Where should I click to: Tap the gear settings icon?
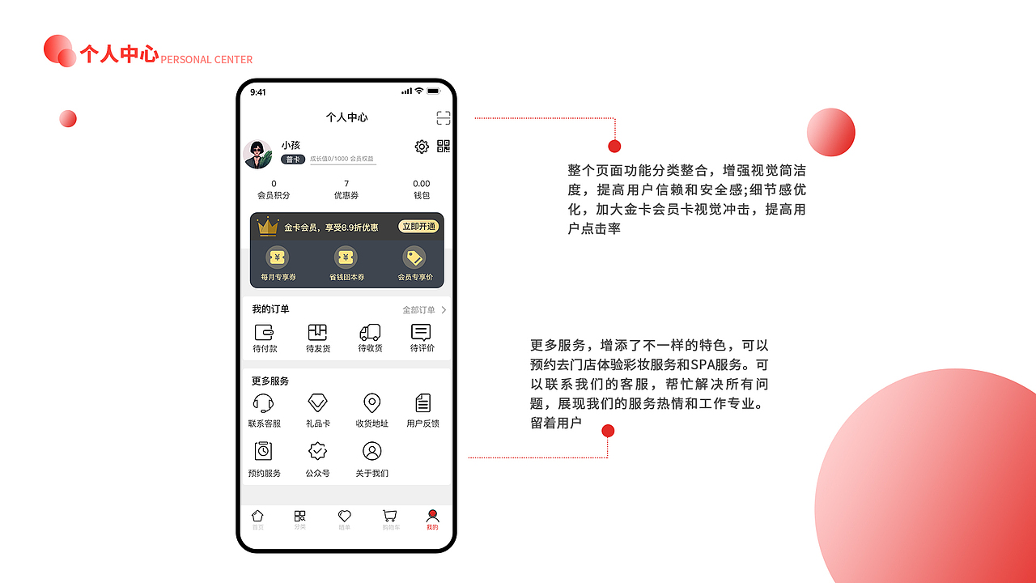(422, 147)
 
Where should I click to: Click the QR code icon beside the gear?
(444, 146)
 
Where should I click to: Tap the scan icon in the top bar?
(443, 117)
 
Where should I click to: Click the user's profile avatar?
(258, 154)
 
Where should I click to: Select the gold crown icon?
(267, 227)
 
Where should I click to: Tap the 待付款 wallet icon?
(265, 332)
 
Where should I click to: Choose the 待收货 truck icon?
(370, 332)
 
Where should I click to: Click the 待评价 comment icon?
(421, 332)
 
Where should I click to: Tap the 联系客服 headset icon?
(264, 402)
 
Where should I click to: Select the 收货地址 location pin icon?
(372, 402)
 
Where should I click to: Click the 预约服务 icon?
(264, 451)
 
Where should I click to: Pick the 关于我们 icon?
(372, 451)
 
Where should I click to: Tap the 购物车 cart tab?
(390, 516)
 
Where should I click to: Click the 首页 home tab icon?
(257, 516)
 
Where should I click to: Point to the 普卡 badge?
(292, 160)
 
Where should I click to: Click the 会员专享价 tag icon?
(414, 257)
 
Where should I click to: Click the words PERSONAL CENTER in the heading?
(206, 60)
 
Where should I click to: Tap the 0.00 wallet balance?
(422, 184)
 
